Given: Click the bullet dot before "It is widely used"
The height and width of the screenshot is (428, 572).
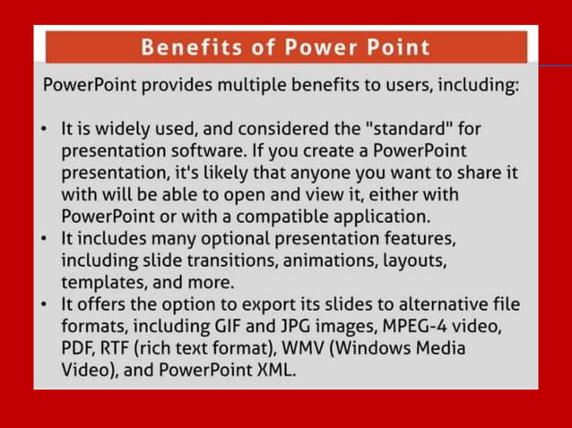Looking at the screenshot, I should tap(46, 130).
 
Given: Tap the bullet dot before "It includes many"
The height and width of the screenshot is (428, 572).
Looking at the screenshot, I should tap(46, 238).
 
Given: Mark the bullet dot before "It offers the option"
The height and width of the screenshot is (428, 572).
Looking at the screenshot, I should tap(46, 304).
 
